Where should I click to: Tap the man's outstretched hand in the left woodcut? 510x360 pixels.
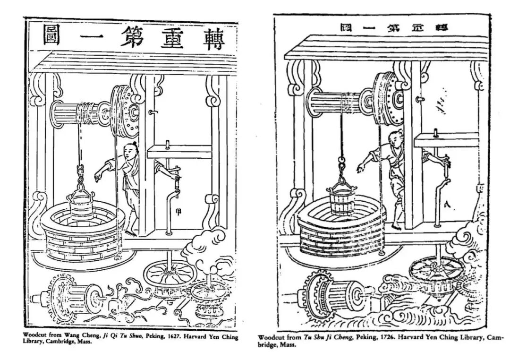(x=97, y=177)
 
